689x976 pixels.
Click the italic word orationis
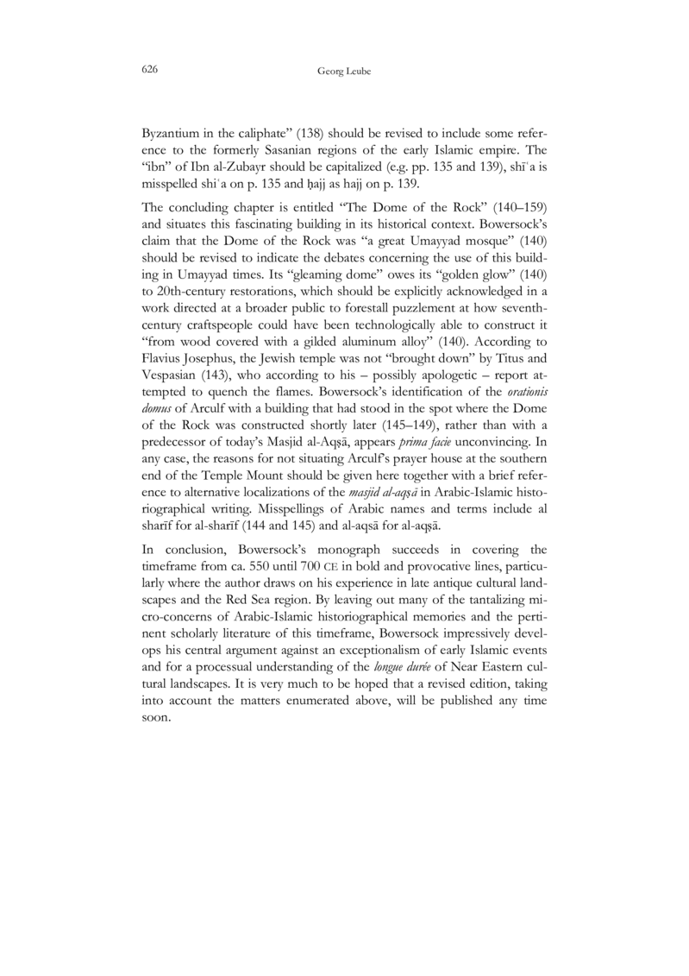(x=524, y=426)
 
